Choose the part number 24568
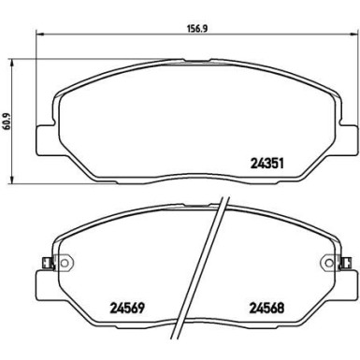(268, 304)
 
